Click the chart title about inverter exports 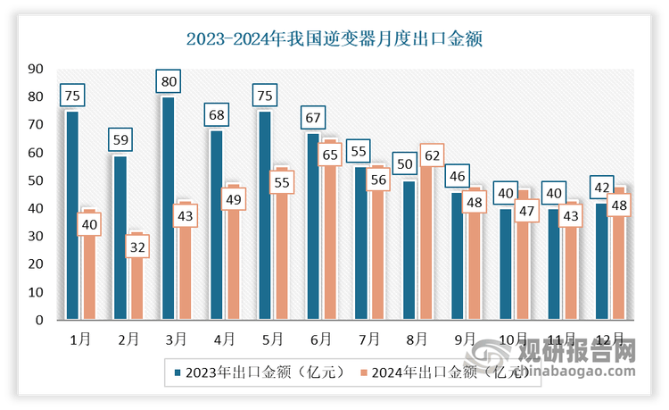tap(334, 40)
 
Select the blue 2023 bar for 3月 tap(168, 214)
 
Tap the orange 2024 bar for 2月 tap(135, 286)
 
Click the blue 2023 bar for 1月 tap(72, 214)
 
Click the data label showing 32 tap(136, 246)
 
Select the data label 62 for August tap(433, 155)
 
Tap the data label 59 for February tap(120, 139)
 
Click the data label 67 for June tap(312, 117)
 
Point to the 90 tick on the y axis tap(37, 69)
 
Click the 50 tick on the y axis tap(37, 180)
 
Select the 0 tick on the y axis tap(40, 320)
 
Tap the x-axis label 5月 tap(272, 339)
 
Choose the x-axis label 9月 tap(465, 339)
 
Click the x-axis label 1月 tap(80, 339)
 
